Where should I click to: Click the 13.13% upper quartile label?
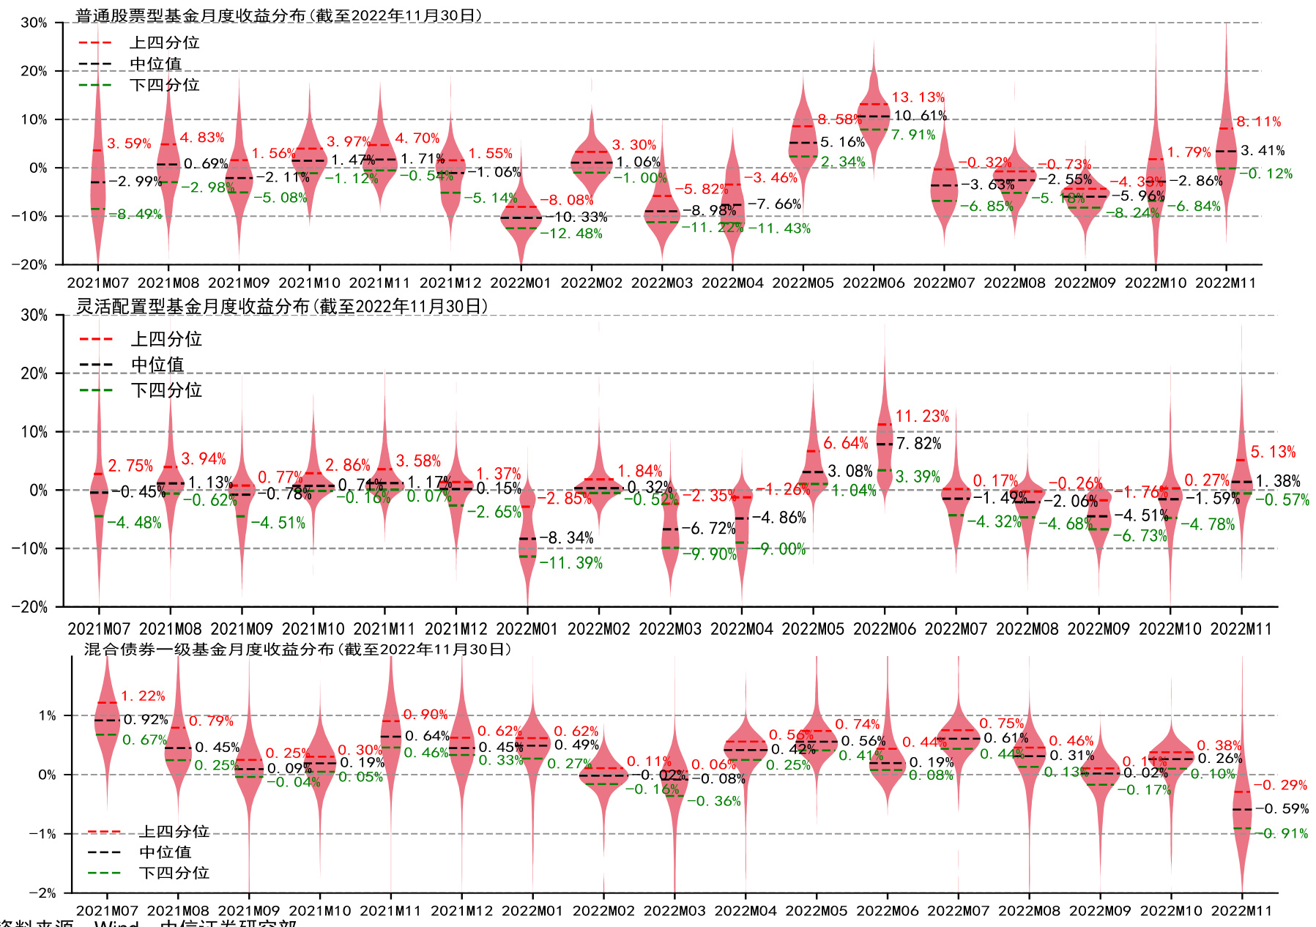click(x=918, y=97)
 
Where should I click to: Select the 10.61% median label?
click(x=920, y=116)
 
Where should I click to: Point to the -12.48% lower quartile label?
click(x=571, y=234)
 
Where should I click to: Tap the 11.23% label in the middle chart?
click(x=921, y=417)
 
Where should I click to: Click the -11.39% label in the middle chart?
click(x=571, y=563)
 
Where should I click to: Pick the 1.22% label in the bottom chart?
click(x=143, y=696)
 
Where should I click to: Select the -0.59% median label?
click(x=1282, y=809)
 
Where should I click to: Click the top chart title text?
click(x=278, y=15)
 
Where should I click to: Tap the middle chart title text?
click(x=282, y=306)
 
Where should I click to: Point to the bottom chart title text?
click(x=297, y=649)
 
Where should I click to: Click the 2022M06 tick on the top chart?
click(x=874, y=283)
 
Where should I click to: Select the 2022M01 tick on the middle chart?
click(x=527, y=629)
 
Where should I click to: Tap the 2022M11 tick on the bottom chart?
click(x=1242, y=911)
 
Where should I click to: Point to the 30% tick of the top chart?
click(x=34, y=23)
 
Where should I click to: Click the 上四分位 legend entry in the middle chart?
click(x=166, y=339)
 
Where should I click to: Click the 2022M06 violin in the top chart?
click(x=874, y=110)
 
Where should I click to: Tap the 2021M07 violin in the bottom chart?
click(x=107, y=721)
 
